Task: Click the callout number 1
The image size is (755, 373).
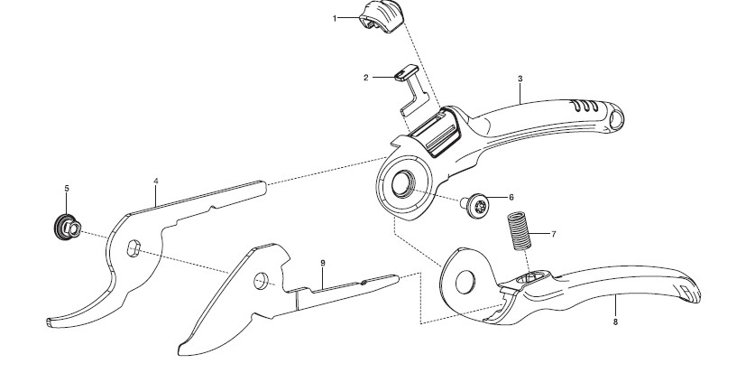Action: [x=335, y=18]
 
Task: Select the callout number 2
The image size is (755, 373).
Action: [x=366, y=78]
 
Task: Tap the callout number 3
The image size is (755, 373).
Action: [x=520, y=79]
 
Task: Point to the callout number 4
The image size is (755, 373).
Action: [x=156, y=182]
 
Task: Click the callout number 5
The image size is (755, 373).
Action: [x=67, y=189]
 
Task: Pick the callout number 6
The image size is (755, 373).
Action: [x=511, y=197]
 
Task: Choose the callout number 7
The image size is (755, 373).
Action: [x=554, y=234]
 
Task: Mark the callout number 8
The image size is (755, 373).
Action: [x=615, y=322]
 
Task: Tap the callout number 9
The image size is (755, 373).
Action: [x=323, y=263]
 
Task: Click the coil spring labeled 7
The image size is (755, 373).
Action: [x=519, y=231]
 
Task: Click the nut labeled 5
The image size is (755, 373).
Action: [x=67, y=228]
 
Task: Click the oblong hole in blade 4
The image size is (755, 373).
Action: [x=134, y=248]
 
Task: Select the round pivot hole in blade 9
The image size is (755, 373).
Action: [x=261, y=281]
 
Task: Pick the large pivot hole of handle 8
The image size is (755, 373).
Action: [x=465, y=283]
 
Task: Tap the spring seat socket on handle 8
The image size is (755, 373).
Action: [x=531, y=277]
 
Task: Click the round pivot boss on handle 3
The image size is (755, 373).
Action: [x=402, y=184]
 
